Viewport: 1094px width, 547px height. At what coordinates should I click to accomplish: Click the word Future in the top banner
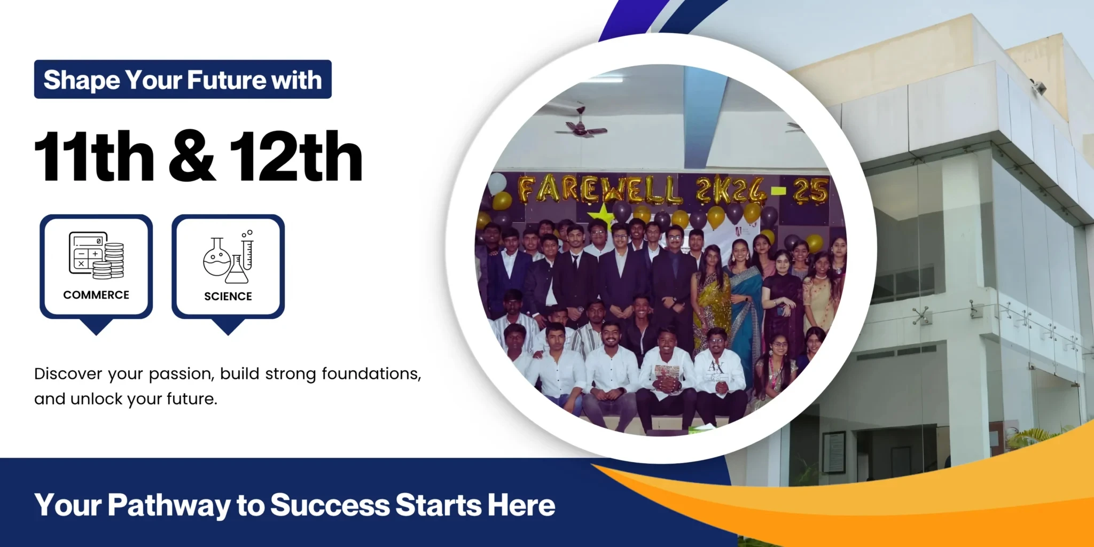[x=226, y=80]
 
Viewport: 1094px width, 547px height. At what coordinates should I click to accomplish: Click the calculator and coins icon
[x=96, y=255]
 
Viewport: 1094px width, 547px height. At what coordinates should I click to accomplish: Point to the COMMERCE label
[x=96, y=295]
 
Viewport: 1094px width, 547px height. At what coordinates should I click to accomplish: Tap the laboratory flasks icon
[x=228, y=256]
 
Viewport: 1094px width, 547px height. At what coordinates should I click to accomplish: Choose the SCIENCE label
[x=228, y=296]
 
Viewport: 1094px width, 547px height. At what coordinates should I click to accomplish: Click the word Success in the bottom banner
[x=330, y=505]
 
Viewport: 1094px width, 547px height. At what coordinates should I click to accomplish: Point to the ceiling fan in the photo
[x=580, y=126]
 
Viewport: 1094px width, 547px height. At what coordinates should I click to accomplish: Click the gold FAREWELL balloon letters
[x=600, y=190]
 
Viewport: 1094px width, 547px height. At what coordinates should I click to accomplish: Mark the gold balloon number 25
[x=810, y=191]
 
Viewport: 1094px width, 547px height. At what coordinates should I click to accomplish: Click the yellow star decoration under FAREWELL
[x=601, y=215]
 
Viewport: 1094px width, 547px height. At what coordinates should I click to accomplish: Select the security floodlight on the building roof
[x=1038, y=87]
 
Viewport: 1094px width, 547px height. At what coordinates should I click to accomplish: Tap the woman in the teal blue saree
[x=745, y=304]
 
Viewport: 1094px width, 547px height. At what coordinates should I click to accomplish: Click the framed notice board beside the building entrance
[x=834, y=452]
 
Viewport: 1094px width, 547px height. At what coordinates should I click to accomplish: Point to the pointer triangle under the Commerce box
[x=96, y=326]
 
